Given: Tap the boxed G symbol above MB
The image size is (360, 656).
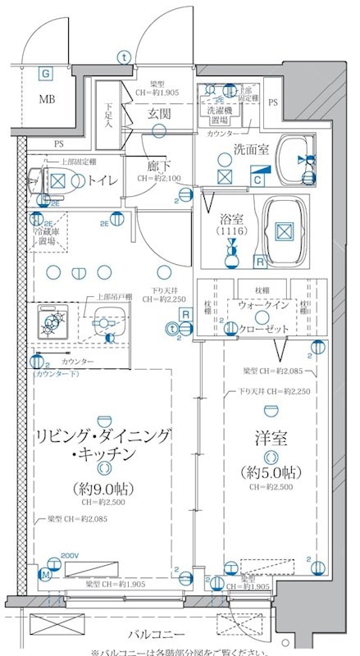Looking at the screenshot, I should pyautogui.click(x=45, y=74).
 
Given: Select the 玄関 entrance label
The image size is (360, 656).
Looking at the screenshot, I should pyautogui.click(x=158, y=114).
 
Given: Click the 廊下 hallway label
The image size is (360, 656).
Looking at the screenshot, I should pyautogui.click(x=158, y=164).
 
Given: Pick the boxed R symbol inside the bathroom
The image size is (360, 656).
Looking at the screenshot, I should pyautogui.click(x=258, y=262).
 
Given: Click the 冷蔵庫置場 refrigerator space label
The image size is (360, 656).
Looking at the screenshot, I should pyautogui.click(x=46, y=236).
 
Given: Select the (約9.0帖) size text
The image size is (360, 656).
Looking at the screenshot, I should pyautogui.click(x=103, y=489).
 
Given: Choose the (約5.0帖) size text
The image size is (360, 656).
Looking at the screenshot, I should pyautogui.click(x=270, y=473).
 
